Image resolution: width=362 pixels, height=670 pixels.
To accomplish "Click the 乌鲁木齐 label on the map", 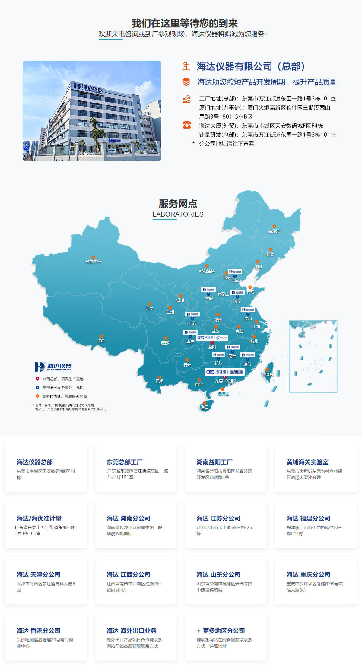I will click(x=93, y=261).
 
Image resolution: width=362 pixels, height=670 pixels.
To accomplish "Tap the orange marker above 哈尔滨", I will click(x=274, y=226).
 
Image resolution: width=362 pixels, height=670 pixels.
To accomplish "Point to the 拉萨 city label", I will click(x=101, y=341).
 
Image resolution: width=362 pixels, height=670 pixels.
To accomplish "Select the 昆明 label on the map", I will click(x=159, y=381).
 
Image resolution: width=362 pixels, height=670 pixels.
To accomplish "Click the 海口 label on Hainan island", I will click(x=204, y=407).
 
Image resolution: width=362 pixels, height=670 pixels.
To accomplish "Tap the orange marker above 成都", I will click(x=165, y=338).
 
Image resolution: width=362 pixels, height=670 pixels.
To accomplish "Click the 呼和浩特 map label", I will click(x=207, y=271).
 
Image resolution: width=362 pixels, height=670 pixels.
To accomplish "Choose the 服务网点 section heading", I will click(x=178, y=204).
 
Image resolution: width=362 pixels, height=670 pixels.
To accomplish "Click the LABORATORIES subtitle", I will click(x=178, y=214).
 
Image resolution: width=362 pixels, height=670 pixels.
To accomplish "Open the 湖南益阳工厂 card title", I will click(x=214, y=462).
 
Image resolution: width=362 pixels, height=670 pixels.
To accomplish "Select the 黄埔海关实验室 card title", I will click(x=307, y=462).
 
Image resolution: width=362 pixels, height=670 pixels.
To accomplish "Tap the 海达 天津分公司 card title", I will click(x=39, y=574).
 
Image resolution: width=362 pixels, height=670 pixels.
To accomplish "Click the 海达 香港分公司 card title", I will click(x=39, y=630).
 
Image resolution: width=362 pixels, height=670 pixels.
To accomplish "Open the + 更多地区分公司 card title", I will click(x=221, y=630).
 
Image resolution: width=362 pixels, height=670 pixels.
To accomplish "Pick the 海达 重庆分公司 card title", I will click(x=308, y=574).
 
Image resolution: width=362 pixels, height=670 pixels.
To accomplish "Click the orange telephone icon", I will click(x=187, y=125).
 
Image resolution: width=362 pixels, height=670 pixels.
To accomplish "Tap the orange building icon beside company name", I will click(x=186, y=66).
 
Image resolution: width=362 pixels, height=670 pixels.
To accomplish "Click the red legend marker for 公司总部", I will click(x=37, y=379).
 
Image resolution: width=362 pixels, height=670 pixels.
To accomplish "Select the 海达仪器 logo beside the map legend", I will click(x=53, y=367).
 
